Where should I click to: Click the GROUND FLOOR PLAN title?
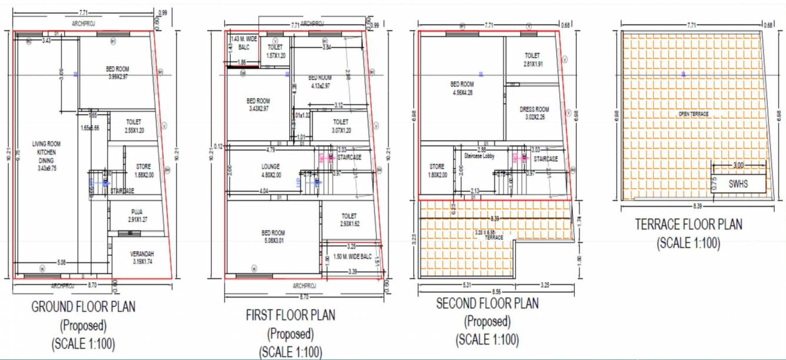(x=83, y=306)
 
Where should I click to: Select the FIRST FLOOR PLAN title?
(x=291, y=315)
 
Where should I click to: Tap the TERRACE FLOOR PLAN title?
(x=688, y=224)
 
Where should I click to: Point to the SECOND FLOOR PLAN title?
(x=487, y=304)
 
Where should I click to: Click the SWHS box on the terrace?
(x=738, y=183)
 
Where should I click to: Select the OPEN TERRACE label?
(x=693, y=114)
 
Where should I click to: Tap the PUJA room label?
(x=137, y=215)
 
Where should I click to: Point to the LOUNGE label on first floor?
(x=271, y=170)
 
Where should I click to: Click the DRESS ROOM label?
(x=534, y=112)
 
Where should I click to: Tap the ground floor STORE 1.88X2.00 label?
(x=143, y=170)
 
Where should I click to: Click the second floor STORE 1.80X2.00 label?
(x=437, y=171)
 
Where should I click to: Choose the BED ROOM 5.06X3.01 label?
(x=273, y=236)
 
